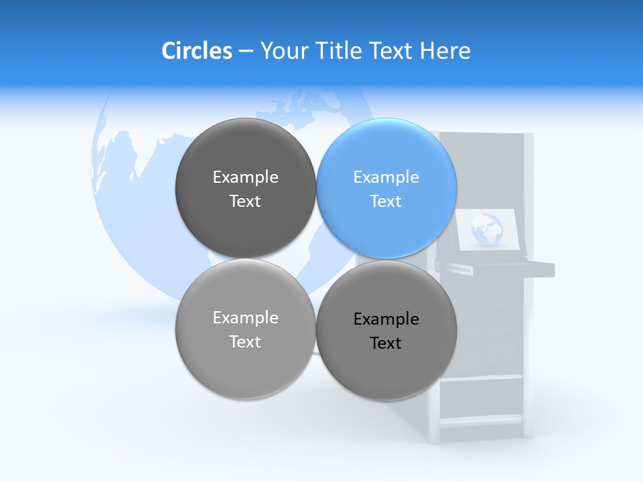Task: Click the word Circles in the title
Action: click(x=197, y=51)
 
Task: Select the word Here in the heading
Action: click(x=445, y=51)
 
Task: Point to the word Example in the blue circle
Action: click(x=386, y=177)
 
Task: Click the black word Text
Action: click(x=386, y=343)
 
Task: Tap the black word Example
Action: click(x=386, y=319)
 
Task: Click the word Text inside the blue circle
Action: click(x=386, y=201)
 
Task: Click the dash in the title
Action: click(x=246, y=51)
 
